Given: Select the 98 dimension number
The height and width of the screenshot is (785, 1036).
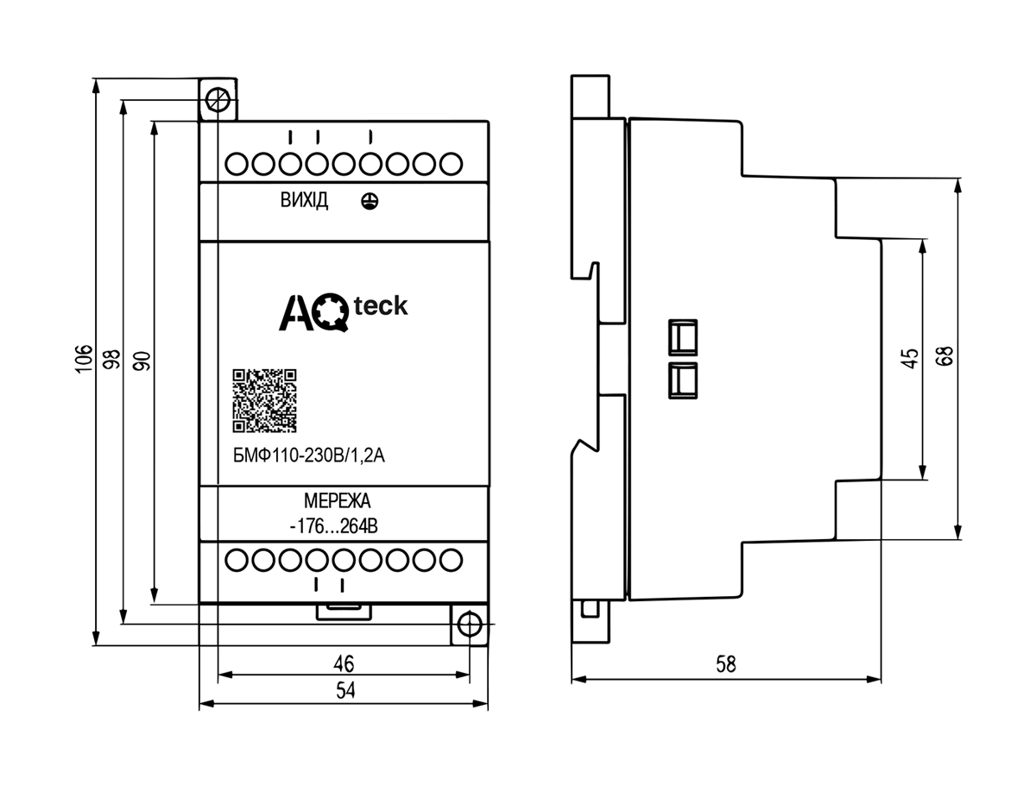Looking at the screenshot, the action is click(x=112, y=359).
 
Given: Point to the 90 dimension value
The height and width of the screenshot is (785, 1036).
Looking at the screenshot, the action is click(x=142, y=361).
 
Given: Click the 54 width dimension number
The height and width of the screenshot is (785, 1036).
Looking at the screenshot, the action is click(x=345, y=690).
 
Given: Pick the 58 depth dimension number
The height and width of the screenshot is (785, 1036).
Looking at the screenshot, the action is click(x=725, y=664).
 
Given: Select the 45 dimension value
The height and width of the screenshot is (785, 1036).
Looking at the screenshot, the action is click(x=911, y=358).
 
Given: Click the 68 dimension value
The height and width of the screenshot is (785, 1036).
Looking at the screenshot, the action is click(x=946, y=356).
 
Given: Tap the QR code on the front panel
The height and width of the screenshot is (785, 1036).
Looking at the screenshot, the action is click(x=264, y=400).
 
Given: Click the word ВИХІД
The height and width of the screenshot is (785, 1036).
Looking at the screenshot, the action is click(x=304, y=200).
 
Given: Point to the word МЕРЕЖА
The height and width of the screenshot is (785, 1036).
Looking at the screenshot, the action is click(x=337, y=500).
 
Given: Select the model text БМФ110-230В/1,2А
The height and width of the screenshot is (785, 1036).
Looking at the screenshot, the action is click(x=309, y=456).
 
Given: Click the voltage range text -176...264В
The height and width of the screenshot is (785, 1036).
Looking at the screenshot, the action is click(x=334, y=526).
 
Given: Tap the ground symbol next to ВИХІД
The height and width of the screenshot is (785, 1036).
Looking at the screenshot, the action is click(x=370, y=201).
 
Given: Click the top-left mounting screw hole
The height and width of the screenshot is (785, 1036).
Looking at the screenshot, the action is click(x=218, y=100).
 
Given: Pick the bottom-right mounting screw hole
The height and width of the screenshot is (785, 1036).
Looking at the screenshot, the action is click(x=470, y=625).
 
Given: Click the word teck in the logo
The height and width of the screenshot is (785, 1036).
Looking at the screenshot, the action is click(x=381, y=306).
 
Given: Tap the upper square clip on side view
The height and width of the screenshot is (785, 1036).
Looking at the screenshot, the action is click(x=683, y=337).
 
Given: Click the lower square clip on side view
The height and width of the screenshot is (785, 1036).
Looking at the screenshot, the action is click(x=683, y=380).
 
